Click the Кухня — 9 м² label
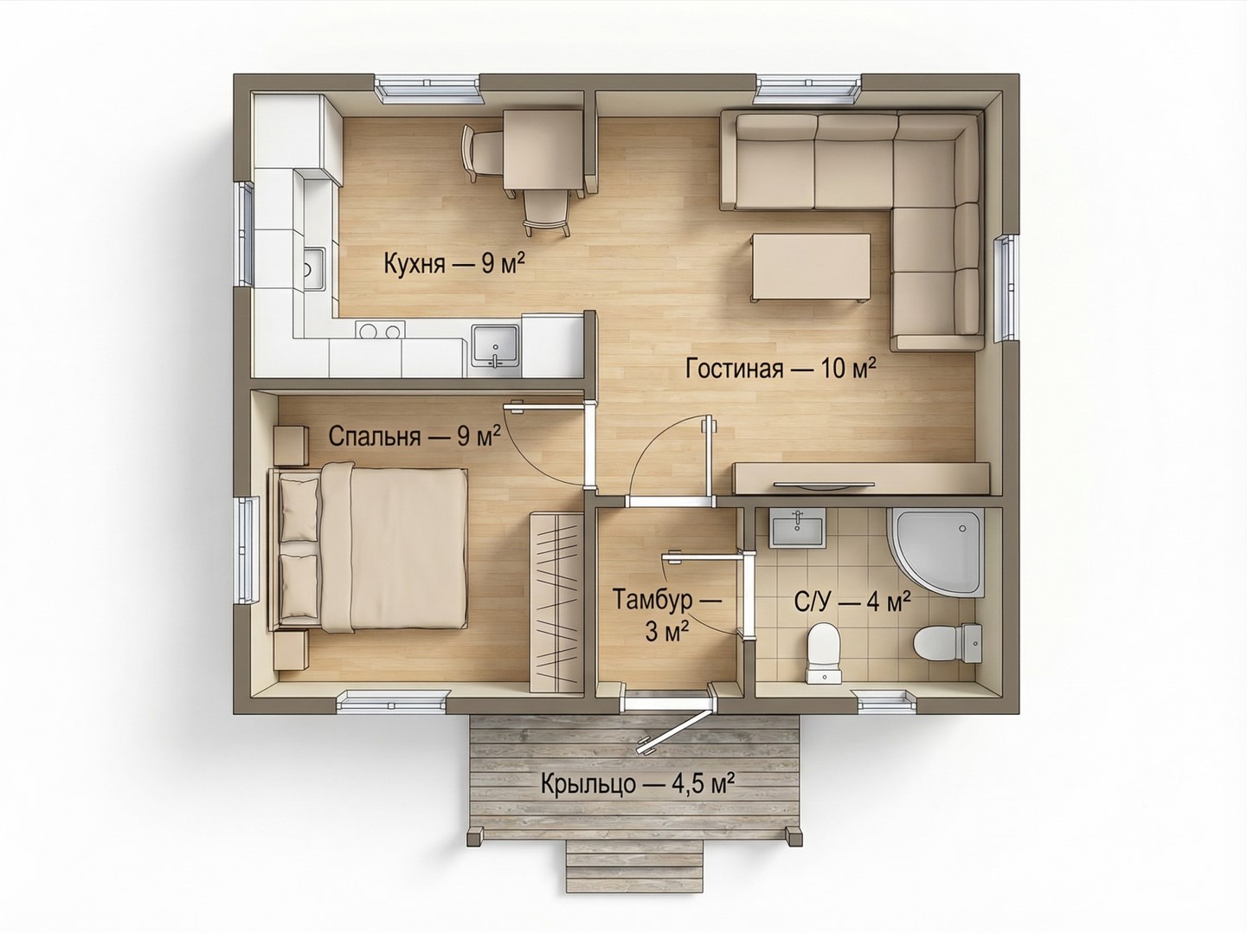pos(453,264)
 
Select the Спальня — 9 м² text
pos(415,436)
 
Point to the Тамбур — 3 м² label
pos(667,616)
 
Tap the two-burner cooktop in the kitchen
pos(381,330)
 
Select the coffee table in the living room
pos(811,267)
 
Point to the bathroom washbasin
pos(797,528)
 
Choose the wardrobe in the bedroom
pos(556,602)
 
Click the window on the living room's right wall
pos(1005,289)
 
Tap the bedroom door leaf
pos(549,406)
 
